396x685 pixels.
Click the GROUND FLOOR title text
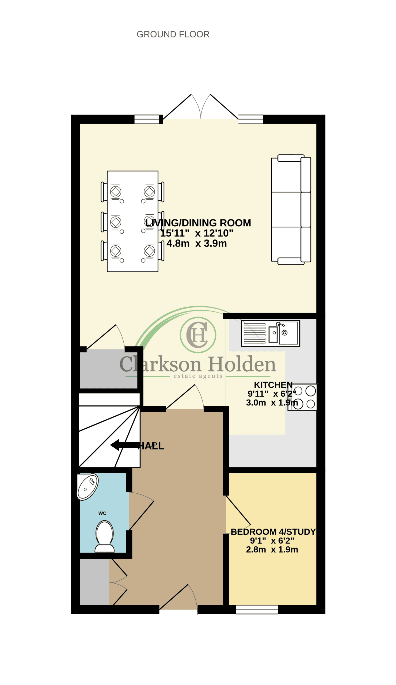[173, 34]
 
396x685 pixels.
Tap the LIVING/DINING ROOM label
[198, 223]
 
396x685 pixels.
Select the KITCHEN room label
[273, 385]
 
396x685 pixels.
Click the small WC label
[102, 513]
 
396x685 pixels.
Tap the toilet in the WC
[105, 536]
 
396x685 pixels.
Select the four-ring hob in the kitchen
[302, 397]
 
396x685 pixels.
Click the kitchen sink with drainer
[271, 333]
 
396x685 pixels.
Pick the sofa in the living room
[291, 210]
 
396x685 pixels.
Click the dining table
[133, 221]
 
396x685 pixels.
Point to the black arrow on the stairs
[125, 445]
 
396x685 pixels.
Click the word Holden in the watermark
[242, 364]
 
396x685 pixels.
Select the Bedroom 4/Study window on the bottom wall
[257, 610]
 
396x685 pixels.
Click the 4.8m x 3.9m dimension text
[196, 243]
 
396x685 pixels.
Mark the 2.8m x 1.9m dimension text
[272, 549]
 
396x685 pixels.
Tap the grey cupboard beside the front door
[94, 582]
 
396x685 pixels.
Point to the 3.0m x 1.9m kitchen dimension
[272, 403]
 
